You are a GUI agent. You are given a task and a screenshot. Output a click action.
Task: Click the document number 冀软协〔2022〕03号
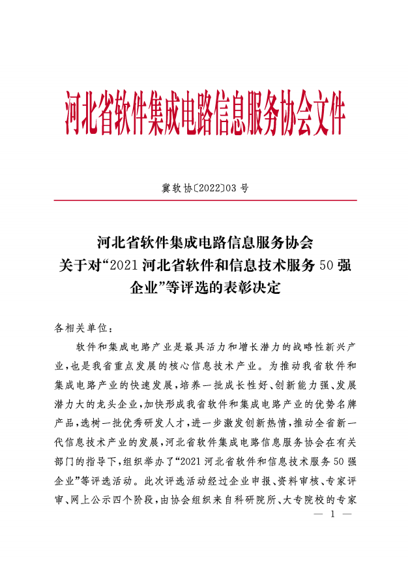[205, 188]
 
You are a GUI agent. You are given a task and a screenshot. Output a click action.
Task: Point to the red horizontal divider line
[205, 200]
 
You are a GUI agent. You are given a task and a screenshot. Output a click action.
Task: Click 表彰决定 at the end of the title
[252, 287]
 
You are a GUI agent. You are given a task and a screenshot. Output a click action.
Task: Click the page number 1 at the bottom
[332, 515]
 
